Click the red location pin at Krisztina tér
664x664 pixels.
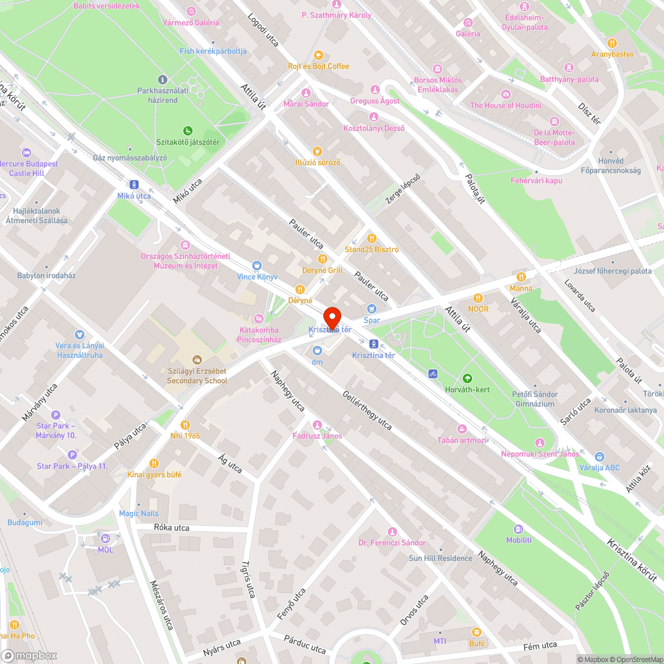pos(331,317)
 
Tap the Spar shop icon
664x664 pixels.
pos(372,308)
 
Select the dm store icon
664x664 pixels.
pos(317,350)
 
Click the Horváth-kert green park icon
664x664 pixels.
pos(467,378)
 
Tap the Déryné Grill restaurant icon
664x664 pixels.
pos(322,259)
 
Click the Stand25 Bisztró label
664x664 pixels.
pos(372,250)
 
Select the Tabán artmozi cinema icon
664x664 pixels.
pos(462,428)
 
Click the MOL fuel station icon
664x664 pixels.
pos(106,537)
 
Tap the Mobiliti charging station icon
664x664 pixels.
pos(519,529)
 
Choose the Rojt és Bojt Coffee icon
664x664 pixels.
pos(318,54)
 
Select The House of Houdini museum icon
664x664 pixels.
pos(506,94)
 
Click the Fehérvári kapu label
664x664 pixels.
pos(536,181)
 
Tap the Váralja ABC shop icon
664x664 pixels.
pos(600,456)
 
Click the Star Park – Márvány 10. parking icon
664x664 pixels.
pos(56,414)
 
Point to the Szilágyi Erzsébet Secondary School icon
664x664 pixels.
pos(197,359)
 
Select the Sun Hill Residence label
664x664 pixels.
pos(440,558)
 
